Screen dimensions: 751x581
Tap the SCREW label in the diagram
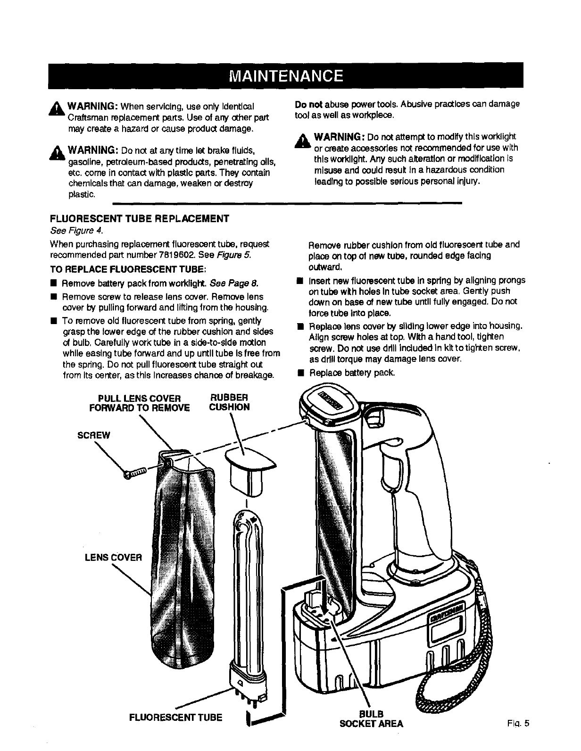pyautogui.click(x=93, y=435)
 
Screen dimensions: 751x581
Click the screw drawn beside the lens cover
pyautogui.click(x=135, y=473)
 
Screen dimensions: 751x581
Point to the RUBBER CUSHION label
pyautogui.click(x=229, y=402)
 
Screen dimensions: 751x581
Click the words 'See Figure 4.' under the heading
pyautogui.click(x=76, y=231)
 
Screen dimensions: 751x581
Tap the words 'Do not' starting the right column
pyautogui.click(x=306, y=104)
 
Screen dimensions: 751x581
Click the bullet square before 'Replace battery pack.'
pyautogui.click(x=299, y=373)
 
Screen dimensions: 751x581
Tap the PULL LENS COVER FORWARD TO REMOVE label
pyautogui.click(x=139, y=402)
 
